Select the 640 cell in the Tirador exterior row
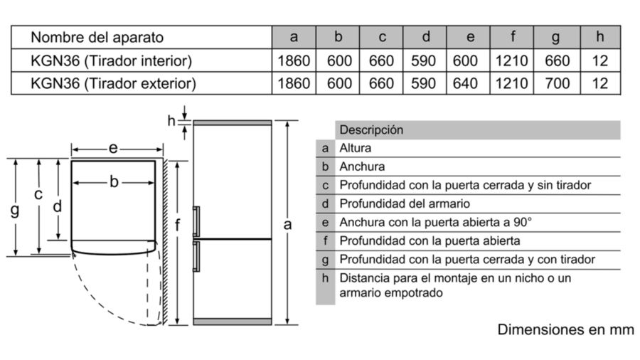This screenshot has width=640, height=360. click(465, 84)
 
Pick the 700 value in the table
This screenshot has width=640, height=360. click(557, 84)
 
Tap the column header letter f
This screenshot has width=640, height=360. click(513, 37)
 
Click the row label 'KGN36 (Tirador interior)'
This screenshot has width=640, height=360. click(111, 60)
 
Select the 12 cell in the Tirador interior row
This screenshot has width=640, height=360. click(600, 60)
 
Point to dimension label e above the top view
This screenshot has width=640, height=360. click(113, 148)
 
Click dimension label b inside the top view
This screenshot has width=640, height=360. click(114, 181)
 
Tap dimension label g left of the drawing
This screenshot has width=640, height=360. click(15, 211)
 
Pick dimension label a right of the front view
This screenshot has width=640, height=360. click(287, 225)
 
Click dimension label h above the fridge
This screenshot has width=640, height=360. click(171, 120)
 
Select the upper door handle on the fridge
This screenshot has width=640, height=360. click(196, 222)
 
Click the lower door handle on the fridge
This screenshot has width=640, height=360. click(196, 256)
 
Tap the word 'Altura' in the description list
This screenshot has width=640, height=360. click(355, 148)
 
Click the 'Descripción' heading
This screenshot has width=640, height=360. click(371, 129)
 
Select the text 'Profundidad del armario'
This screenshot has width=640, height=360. click(405, 203)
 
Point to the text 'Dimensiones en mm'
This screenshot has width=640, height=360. click(566, 329)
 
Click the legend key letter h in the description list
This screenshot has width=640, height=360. click(325, 278)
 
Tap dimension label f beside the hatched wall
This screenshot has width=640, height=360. click(177, 224)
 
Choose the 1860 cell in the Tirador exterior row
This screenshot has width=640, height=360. click(294, 84)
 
